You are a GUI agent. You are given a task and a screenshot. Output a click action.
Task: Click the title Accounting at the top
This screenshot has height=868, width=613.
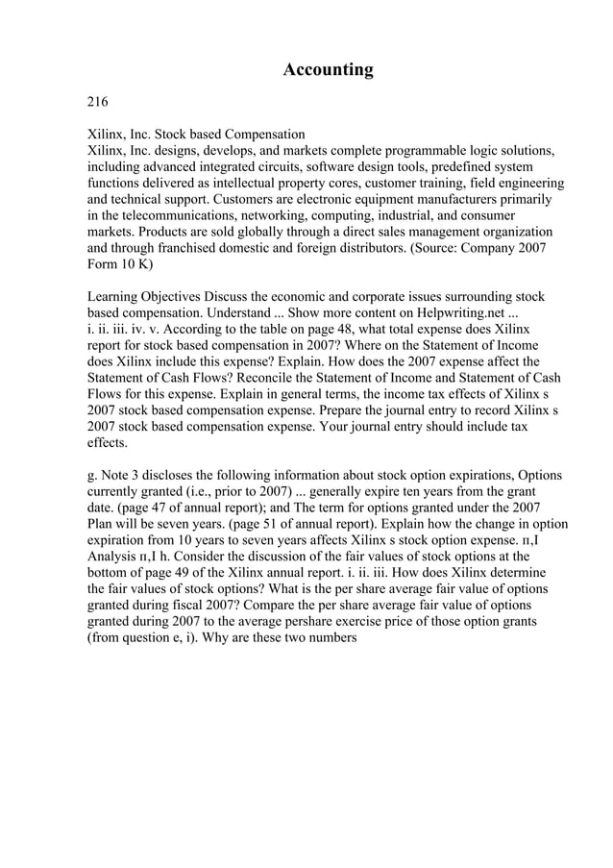328,70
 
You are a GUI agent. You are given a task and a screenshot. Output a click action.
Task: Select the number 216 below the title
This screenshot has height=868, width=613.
98,102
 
